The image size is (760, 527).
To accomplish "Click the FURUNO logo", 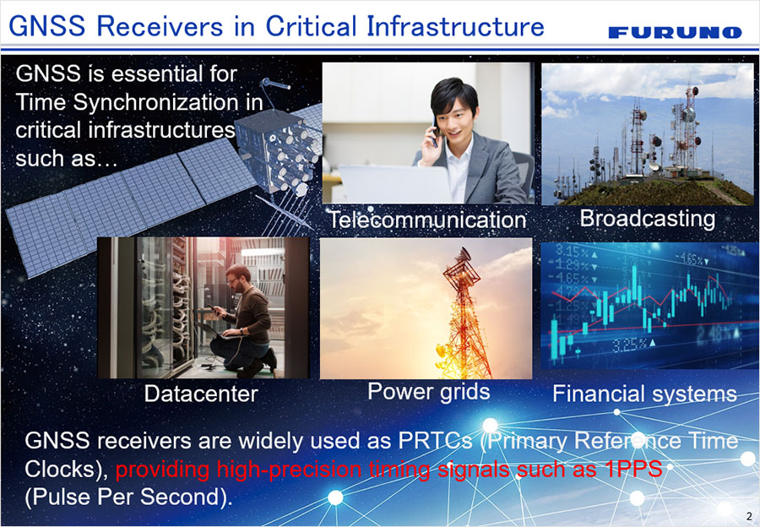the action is pos(675,32).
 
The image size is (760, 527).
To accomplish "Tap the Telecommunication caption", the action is pos(428,220).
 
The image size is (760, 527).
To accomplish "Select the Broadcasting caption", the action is pos(648,219).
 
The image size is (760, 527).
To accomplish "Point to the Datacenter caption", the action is pos(201,394).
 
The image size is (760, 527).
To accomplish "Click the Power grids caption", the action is pos(428,392).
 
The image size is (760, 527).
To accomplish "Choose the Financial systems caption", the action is pos(644,394).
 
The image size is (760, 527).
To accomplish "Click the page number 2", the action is pos(749,516).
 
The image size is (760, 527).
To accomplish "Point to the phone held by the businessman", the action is pos(435,131).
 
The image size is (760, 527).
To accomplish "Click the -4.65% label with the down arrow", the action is pos(691,259).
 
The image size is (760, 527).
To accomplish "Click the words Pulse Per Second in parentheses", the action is pos(126,497).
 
